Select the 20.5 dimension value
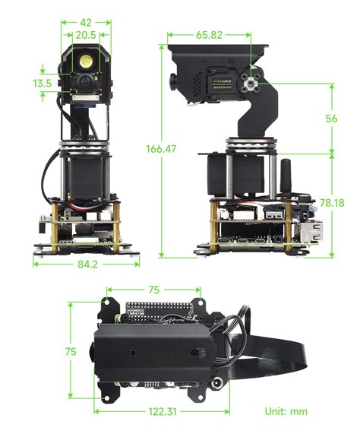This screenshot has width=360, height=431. coord(85,35)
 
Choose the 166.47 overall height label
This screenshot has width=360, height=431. coord(160,149)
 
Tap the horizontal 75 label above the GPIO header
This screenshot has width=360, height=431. coord(153,289)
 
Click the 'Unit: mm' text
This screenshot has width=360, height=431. coord(286,411)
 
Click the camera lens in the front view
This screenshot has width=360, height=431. coord(81,79)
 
